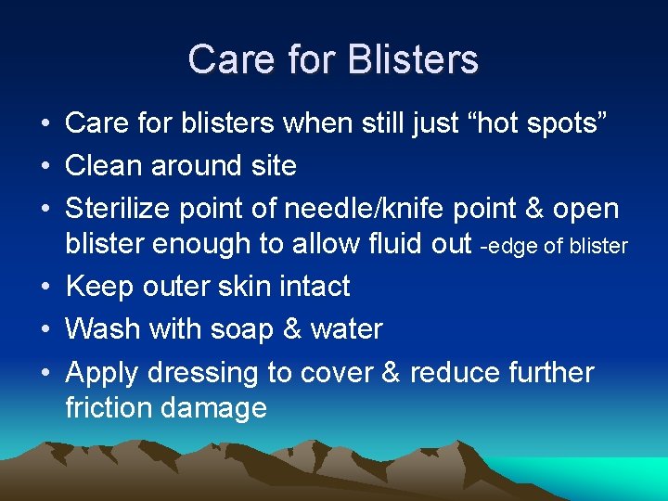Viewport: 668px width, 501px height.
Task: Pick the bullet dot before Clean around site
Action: (45, 167)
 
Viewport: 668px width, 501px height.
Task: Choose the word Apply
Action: (102, 373)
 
